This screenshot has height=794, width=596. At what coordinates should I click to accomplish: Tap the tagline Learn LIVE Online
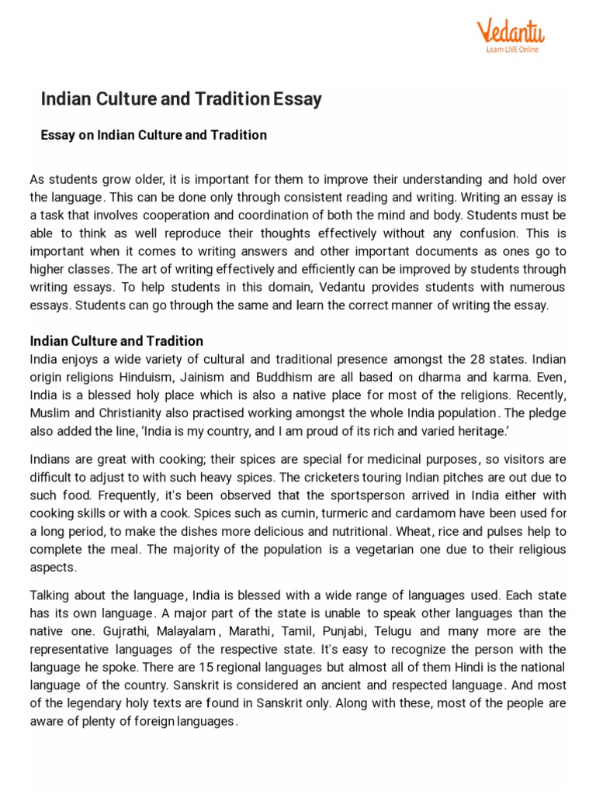[511, 50]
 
